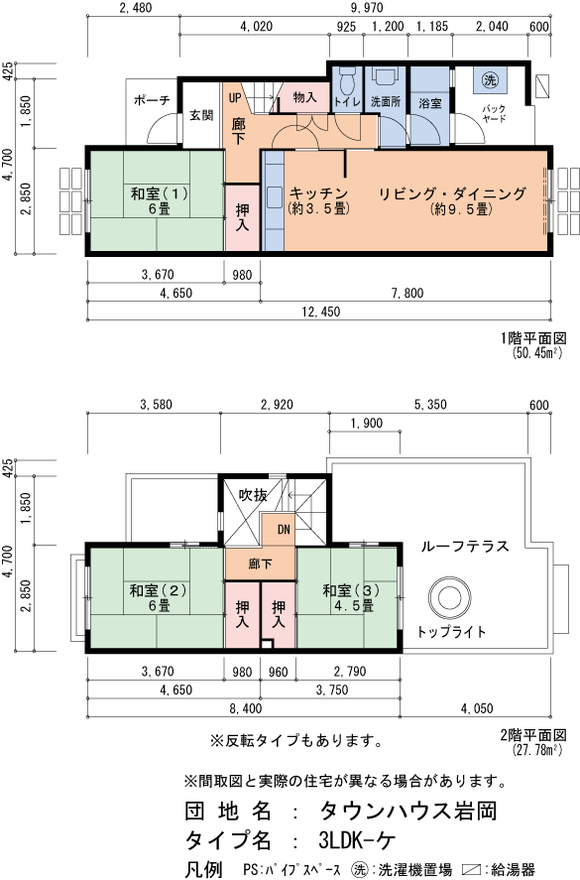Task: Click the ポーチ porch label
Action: [x=151, y=101]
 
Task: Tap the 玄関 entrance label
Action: [x=201, y=115]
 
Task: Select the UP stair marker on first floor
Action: [x=236, y=97]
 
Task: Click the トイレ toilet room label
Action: [x=347, y=101]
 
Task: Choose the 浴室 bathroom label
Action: [x=430, y=102]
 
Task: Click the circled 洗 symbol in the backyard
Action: [x=489, y=80]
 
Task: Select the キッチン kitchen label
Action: [x=317, y=192]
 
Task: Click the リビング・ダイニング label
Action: [x=451, y=192]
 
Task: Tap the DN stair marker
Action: [x=283, y=528]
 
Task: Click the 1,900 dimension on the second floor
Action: [x=366, y=424]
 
